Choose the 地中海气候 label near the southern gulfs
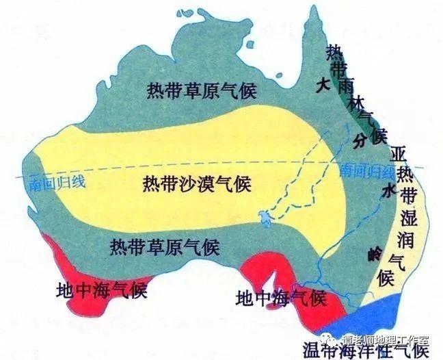coord(280,298)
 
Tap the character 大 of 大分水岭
coord(323,85)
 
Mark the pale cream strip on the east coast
coord(414,233)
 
